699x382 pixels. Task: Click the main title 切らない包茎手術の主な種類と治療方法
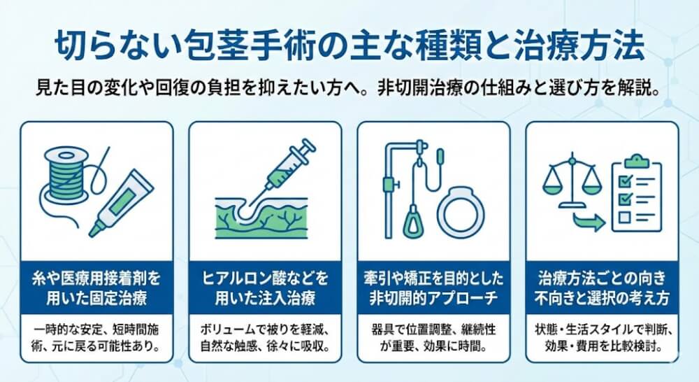(349, 44)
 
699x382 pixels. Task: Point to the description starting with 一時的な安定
(96, 338)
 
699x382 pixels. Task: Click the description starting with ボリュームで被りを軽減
(265, 338)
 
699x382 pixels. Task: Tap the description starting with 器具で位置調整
(433, 338)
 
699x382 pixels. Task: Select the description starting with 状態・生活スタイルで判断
(602, 338)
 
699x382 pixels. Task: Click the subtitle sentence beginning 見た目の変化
(349, 91)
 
